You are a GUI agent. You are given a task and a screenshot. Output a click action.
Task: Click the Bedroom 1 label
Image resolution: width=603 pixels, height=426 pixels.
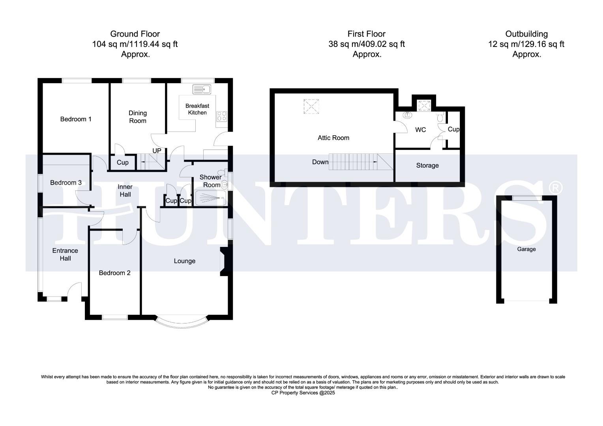(76, 119)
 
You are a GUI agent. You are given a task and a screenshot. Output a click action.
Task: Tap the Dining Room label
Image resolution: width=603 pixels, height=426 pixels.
(137, 117)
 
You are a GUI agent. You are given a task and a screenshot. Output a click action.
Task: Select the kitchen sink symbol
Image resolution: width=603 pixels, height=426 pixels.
(202, 90)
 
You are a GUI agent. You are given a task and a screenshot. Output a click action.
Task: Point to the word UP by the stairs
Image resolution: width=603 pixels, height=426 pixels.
(157, 151)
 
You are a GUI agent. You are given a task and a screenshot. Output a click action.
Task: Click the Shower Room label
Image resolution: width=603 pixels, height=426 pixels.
(210, 181)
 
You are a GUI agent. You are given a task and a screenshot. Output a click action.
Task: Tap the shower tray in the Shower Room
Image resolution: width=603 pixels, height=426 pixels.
(210, 198)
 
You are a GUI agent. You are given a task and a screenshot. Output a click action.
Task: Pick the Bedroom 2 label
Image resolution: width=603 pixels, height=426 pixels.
(114, 273)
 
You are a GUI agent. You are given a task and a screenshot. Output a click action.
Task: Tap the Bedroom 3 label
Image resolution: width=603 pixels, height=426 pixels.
(66, 183)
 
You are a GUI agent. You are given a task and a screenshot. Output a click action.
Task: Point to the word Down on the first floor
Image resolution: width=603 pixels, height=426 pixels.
(320, 162)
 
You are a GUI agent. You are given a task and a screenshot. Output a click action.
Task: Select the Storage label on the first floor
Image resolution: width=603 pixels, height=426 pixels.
(427, 166)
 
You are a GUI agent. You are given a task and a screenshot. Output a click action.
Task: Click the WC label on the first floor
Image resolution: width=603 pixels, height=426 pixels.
(420, 130)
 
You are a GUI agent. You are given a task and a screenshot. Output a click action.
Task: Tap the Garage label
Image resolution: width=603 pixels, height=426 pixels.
(526, 249)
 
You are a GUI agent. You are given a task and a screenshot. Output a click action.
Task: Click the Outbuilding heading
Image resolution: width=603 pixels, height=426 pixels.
(526, 34)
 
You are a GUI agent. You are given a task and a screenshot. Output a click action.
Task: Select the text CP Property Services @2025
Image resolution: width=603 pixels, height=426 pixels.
(303, 393)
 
